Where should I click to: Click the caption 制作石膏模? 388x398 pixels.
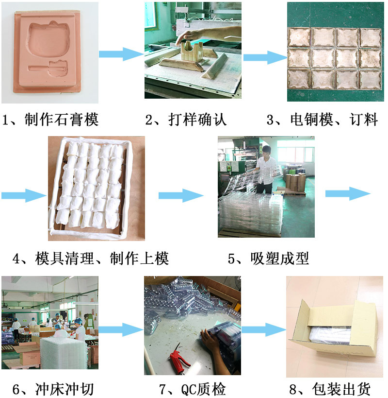pos(62,119)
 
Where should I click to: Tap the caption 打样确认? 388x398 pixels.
pos(197,119)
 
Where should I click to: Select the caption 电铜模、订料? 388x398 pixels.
pos(334,119)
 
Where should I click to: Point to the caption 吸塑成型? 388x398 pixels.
pos(280,259)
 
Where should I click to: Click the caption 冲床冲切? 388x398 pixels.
pos(65,389)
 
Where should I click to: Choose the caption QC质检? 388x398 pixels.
pos(203,389)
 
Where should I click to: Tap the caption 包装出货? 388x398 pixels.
pos(341,389)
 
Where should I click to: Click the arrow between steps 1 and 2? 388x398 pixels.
pos(121,54)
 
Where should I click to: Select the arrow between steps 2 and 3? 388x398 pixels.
pos(265,57)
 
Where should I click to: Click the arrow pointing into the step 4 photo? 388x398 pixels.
pos(24,195)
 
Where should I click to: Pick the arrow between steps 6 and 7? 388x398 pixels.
pos(121,329)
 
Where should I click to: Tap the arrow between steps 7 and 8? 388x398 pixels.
pos(264,329)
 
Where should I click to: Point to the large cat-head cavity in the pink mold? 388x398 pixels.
pos(48,39)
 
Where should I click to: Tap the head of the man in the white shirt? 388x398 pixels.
pos(266,152)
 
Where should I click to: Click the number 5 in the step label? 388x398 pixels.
pos(231,259)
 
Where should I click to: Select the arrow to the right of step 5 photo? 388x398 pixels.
pos(348,194)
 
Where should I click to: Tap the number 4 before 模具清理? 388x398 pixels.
pos(16,259)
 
